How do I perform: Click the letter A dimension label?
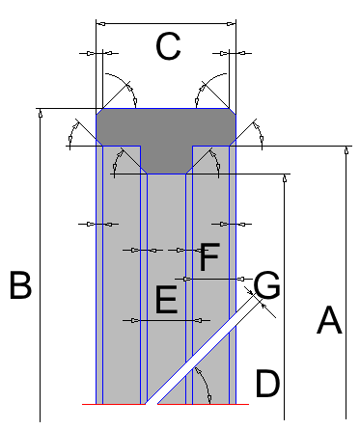coord(329,320)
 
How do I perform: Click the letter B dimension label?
coord(20,285)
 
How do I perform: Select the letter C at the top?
coord(168,46)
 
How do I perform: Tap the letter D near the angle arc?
coord(267,383)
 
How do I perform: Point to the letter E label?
coord(166,300)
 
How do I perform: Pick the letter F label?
coord(209,257)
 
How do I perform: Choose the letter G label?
coord(266,285)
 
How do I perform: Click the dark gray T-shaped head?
coord(166,135)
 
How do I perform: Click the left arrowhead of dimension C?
coord(101,24)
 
